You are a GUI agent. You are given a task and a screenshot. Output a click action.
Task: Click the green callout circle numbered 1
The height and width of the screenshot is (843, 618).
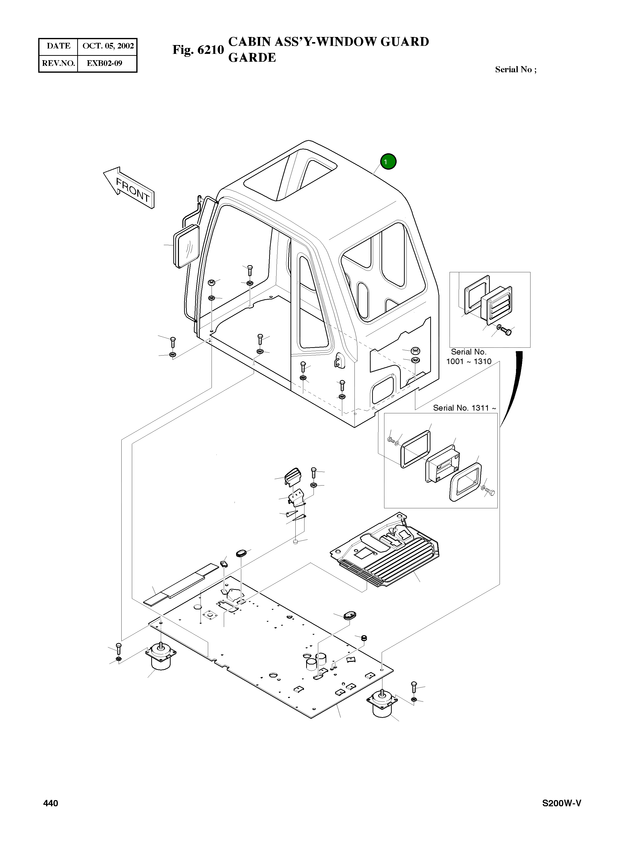(388, 161)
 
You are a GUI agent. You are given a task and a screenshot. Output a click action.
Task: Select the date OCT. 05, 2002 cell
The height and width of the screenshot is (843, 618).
(108, 46)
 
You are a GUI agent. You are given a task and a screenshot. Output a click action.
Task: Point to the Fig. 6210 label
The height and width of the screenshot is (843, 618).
(198, 50)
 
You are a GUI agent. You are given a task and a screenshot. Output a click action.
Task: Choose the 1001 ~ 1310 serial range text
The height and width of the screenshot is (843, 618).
(468, 361)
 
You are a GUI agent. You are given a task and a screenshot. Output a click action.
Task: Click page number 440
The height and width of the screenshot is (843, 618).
(50, 803)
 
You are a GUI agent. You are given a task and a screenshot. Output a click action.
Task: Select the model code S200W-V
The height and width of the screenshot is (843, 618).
(562, 803)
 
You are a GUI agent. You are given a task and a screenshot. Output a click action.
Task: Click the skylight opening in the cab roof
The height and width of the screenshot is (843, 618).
(290, 174)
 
